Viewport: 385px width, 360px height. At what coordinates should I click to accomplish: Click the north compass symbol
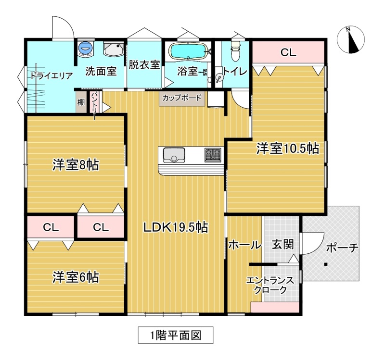[351, 40]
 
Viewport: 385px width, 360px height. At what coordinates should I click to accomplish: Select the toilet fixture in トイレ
[235, 51]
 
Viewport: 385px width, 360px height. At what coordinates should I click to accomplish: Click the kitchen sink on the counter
[174, 155]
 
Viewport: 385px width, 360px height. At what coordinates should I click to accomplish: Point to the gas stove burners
[213, 155]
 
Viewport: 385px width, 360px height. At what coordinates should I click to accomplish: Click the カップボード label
[182, 98]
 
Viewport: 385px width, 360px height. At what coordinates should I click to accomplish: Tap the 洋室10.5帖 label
[288, 149]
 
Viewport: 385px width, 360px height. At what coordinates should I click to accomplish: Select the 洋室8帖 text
[76, 165]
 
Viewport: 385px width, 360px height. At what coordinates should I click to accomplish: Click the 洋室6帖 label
[76, 277]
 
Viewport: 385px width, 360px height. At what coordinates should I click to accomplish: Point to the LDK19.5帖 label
[176, 227]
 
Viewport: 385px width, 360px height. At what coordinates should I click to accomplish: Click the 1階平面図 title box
[176, 335]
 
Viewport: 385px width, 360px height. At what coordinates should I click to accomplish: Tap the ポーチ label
[342, 248]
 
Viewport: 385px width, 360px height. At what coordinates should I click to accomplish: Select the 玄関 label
[282, 245]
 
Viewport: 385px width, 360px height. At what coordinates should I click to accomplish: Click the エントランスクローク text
[270, 285]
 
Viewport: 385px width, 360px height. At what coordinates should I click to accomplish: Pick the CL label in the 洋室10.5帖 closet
[288, 52]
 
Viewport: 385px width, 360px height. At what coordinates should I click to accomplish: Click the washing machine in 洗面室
[86, 48]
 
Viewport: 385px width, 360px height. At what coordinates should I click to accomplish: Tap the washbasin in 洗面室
[113, 49]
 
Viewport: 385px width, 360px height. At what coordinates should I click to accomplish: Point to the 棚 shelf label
[81, 102]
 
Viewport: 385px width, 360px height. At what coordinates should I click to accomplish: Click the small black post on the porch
[326, 264]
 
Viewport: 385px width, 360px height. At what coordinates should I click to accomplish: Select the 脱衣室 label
[144, 65]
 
